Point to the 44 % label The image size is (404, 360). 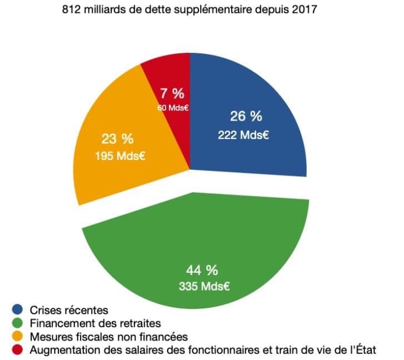point(202,271)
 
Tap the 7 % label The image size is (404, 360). point(172,93)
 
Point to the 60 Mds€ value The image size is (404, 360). point(173,107)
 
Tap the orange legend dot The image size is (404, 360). point(19,337)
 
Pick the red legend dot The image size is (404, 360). point(19,351)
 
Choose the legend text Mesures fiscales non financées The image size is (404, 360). point(109,337)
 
